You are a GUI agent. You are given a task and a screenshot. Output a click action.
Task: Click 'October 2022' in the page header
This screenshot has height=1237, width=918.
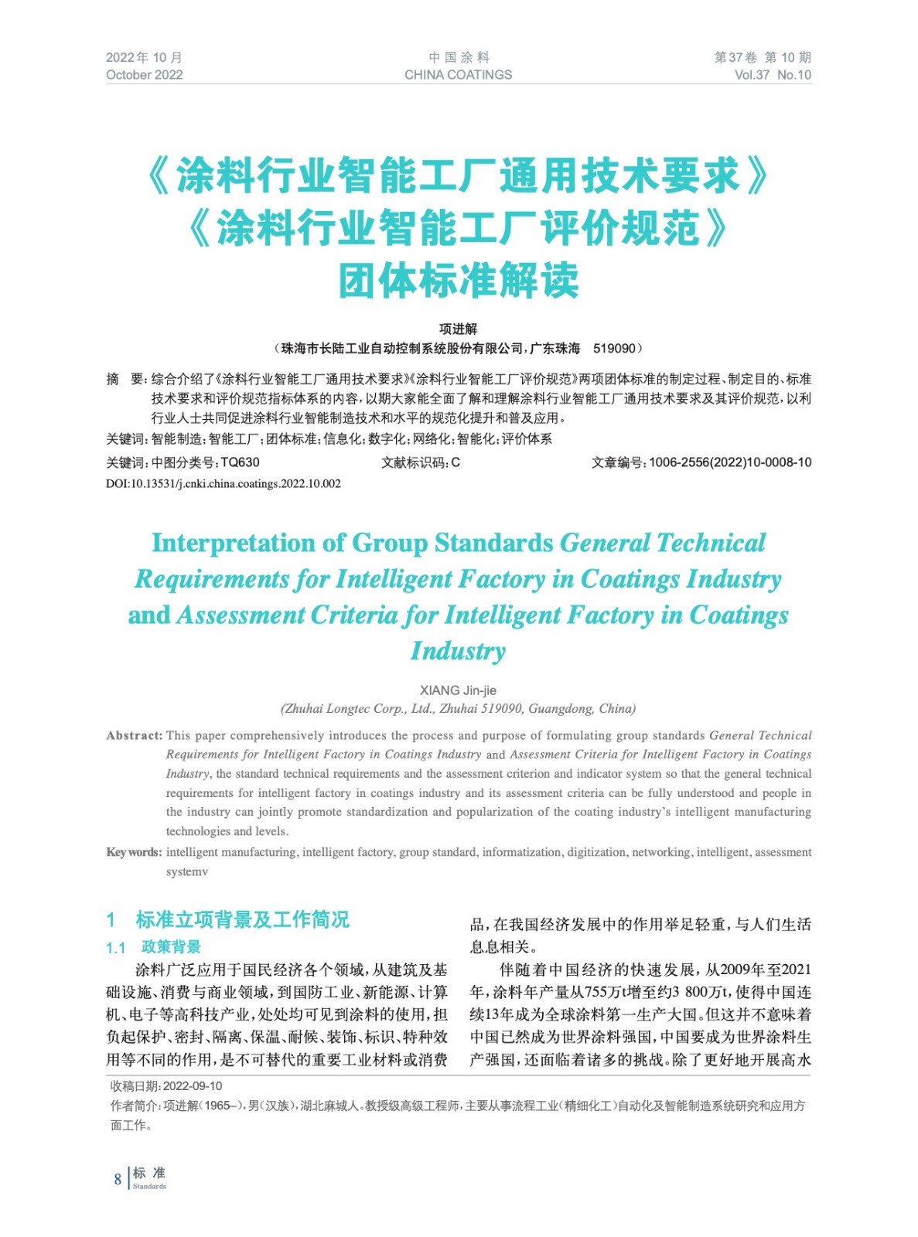pos(144,75)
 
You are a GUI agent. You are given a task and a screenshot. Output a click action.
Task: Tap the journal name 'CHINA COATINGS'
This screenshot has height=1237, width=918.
pos(458,75)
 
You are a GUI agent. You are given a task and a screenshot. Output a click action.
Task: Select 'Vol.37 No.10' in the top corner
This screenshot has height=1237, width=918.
pos(772,75)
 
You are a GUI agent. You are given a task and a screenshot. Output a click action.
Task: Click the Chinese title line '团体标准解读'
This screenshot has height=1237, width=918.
pos(458,280)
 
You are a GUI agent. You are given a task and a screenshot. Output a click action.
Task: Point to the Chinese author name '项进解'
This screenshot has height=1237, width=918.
pos(458,329)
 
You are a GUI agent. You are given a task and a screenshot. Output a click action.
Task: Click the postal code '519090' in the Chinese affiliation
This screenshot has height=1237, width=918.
pos(614,349)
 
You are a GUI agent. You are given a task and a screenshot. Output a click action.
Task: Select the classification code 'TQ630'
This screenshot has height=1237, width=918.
pos(240,462)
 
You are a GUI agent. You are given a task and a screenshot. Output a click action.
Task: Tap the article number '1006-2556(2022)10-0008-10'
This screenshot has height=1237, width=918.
pos(730,462)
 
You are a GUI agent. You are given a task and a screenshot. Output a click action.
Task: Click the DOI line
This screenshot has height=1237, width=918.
pos(224,484)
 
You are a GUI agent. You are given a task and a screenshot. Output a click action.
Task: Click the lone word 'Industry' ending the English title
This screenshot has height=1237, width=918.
pos(458,651)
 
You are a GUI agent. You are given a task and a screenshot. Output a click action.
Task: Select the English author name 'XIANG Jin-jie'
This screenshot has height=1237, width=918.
pos(458,690)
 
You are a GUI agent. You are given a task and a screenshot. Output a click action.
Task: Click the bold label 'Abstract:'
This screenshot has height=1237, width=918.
pos(134,735)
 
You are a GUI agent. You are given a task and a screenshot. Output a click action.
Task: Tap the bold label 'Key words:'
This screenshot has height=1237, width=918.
pos(134,852)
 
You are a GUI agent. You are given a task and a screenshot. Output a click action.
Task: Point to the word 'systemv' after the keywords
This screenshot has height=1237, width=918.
pos(186,871)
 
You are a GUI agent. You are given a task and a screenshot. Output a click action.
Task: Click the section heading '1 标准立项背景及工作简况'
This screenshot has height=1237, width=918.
pos(228,919)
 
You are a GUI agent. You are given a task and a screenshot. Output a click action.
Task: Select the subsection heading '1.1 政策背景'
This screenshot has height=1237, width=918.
pos(153,947)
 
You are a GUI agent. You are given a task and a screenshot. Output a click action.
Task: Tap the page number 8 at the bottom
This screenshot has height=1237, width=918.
pos(118,1179)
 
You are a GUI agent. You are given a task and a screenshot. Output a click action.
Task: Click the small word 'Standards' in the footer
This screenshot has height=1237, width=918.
pos(149,1186)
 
